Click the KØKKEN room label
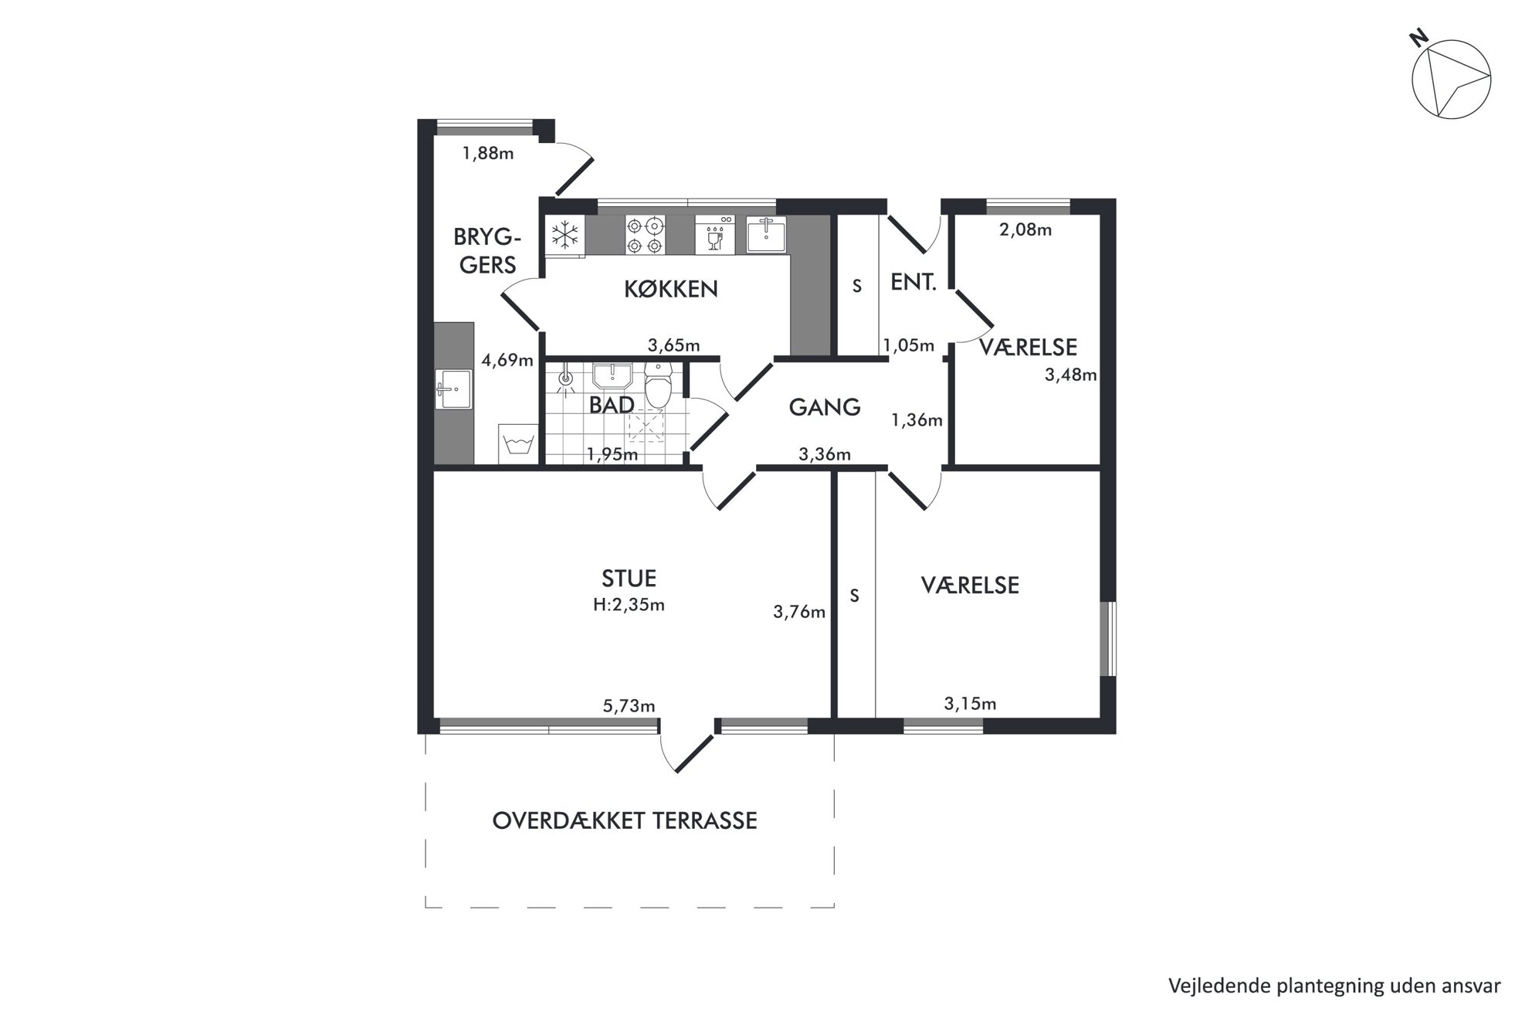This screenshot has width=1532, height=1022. click(x=670, y=289)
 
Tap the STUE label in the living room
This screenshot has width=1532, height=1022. click(x=629, y=578)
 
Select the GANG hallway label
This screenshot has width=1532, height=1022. click(x=824, y=407)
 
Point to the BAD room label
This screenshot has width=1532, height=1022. click(x=612, y=405)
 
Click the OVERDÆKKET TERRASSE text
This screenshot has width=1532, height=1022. click(x=625, y=820)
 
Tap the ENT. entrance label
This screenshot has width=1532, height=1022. click(x=913, y=283)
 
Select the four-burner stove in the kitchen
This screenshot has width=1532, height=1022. click(x=645, y=235)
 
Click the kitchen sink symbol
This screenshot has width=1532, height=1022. click(x=766, y=234)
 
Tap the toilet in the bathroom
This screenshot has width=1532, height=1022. click(x=658, y=386)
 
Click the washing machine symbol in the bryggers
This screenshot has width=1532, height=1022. click(x=517, y=443)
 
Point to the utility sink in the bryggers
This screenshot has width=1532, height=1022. click(x=454, y=389)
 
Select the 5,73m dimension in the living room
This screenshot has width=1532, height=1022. click(x=629, y=705)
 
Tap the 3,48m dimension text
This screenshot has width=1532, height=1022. click(x=1070, y=375)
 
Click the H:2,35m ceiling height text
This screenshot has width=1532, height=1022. click(x=629, y=605)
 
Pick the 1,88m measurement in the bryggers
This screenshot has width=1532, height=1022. click(x=488, y=153)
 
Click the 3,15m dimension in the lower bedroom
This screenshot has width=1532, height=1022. click(x=970, y=704)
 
